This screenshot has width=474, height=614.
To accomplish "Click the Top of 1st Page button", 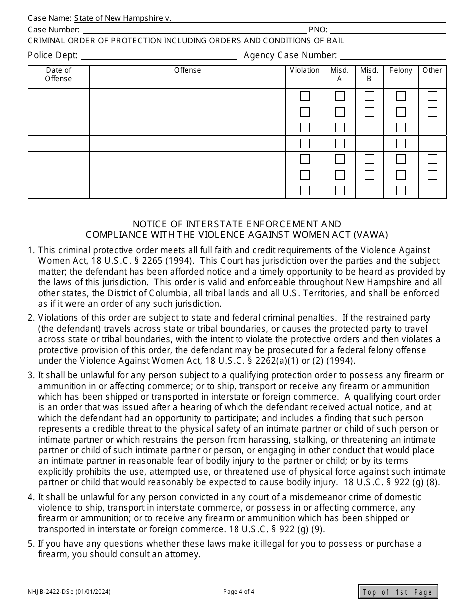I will click(x=398, y=592).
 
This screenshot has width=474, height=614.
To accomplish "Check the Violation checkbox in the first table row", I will click(x=305, y=96).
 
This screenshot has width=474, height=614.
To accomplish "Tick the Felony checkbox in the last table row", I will click(x=401, y=190).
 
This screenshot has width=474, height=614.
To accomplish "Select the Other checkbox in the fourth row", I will click(x=432, y=143).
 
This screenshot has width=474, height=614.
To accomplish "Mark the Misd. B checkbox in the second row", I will click(x=369, y=112).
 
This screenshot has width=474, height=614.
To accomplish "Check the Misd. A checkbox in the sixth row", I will click(x=340, y=175).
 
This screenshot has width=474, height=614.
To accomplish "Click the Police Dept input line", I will click(x=159, y=55).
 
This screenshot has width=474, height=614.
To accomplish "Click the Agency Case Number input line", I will click(x=393, y=55).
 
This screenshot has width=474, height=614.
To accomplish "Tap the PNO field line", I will click(x=388, y=29).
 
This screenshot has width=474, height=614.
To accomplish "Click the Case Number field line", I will click(x=194, y=29).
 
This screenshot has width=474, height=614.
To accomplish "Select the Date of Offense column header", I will click(x=59, y=74).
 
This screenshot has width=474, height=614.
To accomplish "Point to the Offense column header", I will click(x=187, y=70).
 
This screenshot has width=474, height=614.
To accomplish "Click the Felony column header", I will click(x=401, y=70).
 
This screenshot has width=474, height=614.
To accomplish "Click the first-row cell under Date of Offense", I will click(x=59, y=96).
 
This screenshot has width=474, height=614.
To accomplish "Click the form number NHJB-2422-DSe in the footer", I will click(x=69, y=592).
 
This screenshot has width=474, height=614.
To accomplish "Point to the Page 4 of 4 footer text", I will click(x=239, y=592).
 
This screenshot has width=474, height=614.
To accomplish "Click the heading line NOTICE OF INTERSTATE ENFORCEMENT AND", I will click(x=237, y=224).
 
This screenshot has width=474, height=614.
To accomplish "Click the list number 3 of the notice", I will click(x=31, y=375).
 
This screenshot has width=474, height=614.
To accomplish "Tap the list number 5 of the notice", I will click(x=31, y=544).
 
